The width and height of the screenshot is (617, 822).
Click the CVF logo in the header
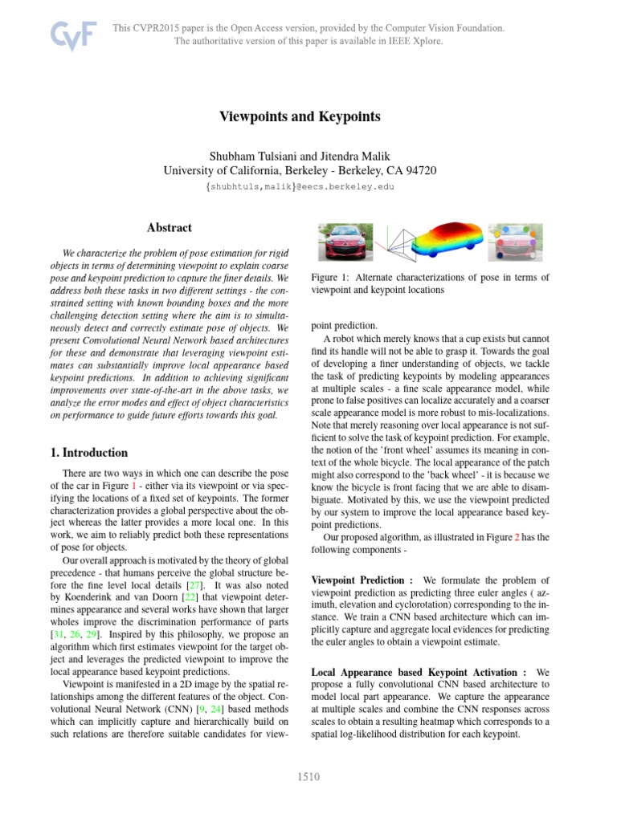pyautogui.click(x=74, y=35)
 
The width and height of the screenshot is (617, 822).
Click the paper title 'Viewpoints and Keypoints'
pyautogui.click(x=308, y=117)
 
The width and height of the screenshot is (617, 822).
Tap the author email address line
pyautogui.click(x=308, y=186)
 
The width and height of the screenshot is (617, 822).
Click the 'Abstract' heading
pyautogui.click(x=169, y=227)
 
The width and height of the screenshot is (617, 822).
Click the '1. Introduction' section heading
pyautogui.click(x=88, y=453)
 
